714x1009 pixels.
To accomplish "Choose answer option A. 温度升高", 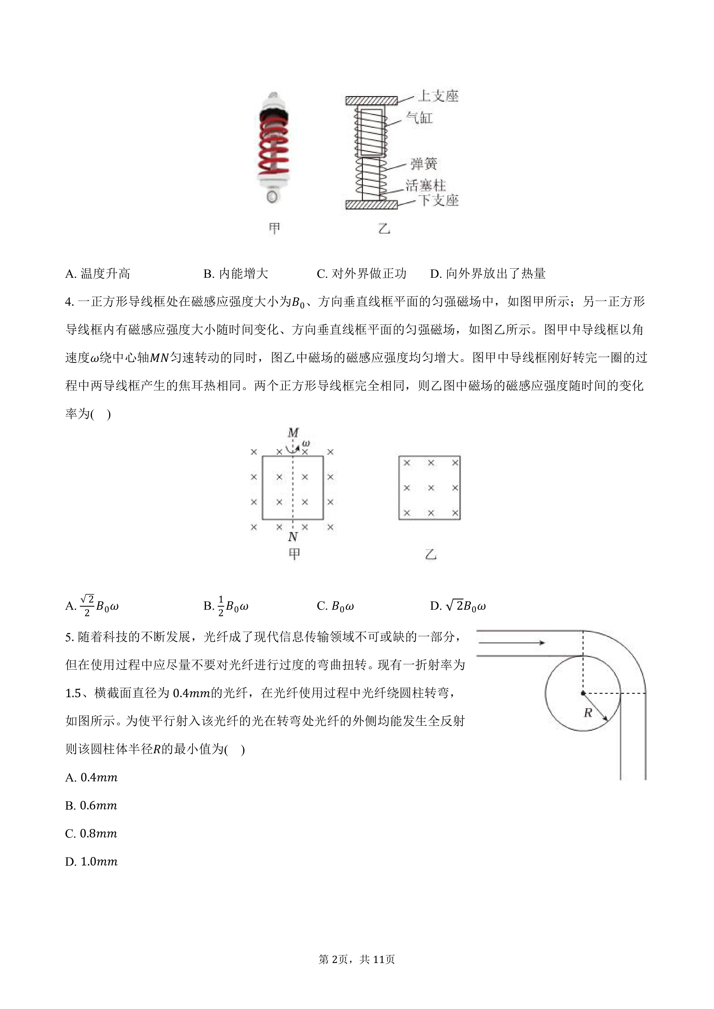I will (98, 274).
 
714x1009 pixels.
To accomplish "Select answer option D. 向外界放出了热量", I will (488, 274).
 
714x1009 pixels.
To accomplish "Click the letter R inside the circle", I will (588, 713).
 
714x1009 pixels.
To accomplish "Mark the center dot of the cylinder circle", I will (583, 693).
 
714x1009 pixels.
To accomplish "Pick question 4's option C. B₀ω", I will (335, 606).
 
